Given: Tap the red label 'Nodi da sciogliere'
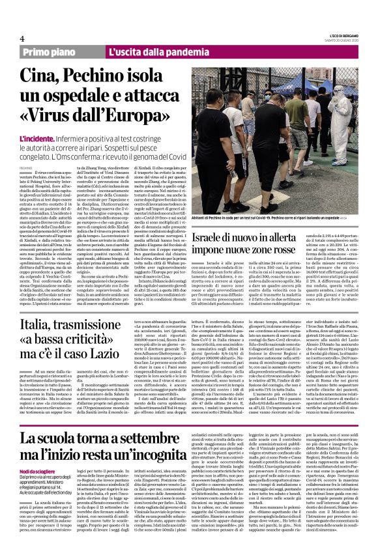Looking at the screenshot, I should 39,471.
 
